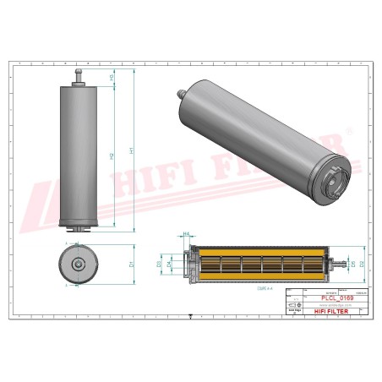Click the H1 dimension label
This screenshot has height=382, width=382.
130,152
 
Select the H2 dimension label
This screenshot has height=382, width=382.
113,157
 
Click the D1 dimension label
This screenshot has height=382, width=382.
132,265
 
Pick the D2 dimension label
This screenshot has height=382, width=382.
363,265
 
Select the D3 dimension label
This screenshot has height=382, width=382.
160,265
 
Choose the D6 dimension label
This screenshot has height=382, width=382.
352,265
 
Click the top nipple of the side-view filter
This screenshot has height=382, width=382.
78,77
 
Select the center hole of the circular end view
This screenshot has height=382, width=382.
78,265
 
